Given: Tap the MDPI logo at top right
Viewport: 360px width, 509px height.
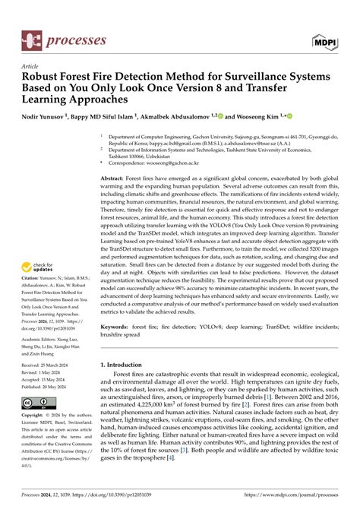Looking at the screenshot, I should coord(323,37).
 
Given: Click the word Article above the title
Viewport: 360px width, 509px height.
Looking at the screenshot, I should coord(32,66).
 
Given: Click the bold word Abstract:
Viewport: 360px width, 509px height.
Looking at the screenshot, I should coord(114,177).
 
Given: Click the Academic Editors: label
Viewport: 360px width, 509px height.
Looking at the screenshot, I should coord(45,341).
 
